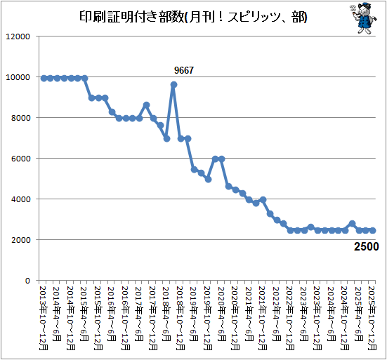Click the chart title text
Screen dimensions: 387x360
pos(193,17)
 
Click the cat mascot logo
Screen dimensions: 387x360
pos(364,18)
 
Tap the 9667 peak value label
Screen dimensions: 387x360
pos(184,70)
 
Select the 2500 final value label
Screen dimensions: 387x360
pos(366,246)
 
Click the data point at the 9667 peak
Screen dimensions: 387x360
pos(173,85)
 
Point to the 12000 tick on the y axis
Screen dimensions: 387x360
pos(18,36)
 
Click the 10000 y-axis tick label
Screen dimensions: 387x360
pos(18,77)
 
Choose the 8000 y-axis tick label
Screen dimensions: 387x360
pos(21,118)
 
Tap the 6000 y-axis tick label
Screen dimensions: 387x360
pos(21,159)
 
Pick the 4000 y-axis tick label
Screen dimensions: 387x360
pos(21,199)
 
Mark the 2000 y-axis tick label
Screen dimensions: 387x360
pos(21,240)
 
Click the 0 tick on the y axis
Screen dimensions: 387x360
pos(27,281)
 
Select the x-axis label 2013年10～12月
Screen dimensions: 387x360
pos(44,319)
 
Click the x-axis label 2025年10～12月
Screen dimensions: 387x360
pos(372,319)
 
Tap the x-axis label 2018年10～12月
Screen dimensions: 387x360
pos(181,319)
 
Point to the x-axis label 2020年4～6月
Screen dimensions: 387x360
pos(221,314)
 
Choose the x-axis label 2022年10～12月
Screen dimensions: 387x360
pos(290,319)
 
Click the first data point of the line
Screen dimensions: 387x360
pos(44,79)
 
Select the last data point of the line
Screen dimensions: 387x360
pos(373,231)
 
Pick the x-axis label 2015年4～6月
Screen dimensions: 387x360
pos(84,314)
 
